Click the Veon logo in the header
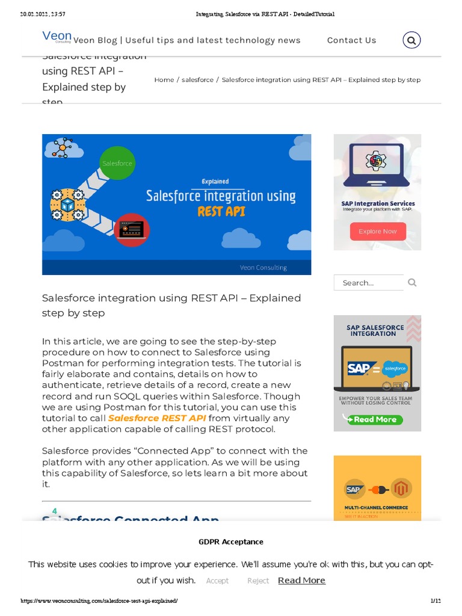(57, 37)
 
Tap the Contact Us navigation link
(351, 40)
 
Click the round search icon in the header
(411, 40)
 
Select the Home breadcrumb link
(164, 79)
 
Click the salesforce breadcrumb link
(197, 79)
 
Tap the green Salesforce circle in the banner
(117, 163)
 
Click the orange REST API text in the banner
(221, 211)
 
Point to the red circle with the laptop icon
(131, 230)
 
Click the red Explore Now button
(378, 231)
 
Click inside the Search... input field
(368, 283)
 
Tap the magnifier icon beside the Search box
(412, 282)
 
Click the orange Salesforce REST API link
(157, 418)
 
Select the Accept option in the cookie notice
(217, 581)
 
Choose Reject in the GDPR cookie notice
(258, 581)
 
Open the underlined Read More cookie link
(301, 580)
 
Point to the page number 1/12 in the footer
(436, 601)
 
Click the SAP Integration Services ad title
(378, 203)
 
